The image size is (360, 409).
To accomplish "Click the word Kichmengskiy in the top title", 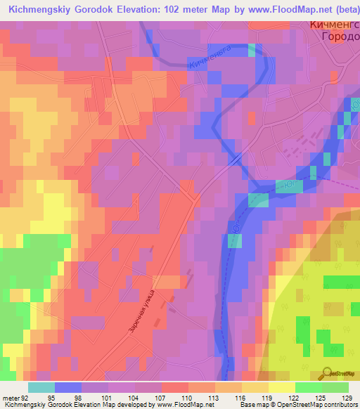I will [36, 9].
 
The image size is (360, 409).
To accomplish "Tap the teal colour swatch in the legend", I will [41, 387].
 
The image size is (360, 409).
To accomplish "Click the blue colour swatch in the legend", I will [67, 387].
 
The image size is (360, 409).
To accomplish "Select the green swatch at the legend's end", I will [335, 387].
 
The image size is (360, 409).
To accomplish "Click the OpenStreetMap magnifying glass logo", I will [328, 373].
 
